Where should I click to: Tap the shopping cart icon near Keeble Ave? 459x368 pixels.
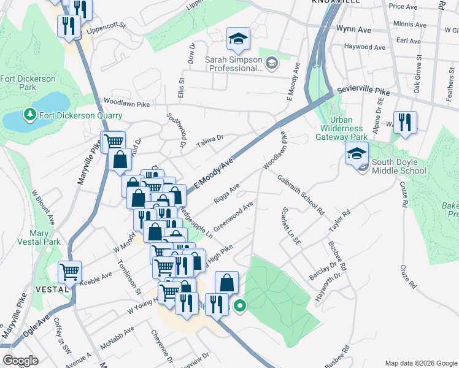(x=69, y=272)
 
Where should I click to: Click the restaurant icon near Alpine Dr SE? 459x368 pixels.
(x=405, y=121)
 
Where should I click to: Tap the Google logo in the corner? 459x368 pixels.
(x=21, y=361)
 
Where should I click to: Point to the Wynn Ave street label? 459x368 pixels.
(x=354, y=29)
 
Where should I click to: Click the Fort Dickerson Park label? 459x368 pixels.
(x=28, y=83)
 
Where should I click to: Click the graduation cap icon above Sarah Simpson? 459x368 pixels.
(x=237, y=39)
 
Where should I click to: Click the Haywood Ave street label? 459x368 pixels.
(x=364, y=47)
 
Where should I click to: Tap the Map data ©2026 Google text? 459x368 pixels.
(x=420, y=362)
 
